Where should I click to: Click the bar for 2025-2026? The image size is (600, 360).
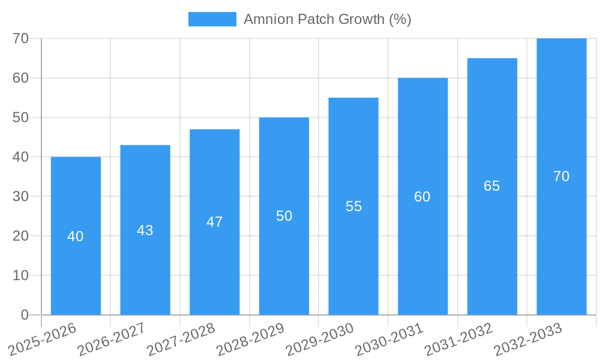click(x=76, y=264)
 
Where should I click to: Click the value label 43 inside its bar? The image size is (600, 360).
click(x=145, y=230)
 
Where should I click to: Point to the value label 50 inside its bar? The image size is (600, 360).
click(x=284, y=216)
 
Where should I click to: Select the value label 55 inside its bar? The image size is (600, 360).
click(x=353, y=206)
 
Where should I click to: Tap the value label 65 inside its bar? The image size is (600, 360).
click(x=492, y=186)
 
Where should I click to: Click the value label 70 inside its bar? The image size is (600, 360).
click(x=561, y=176)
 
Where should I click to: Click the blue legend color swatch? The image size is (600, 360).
click(x=212, y=19)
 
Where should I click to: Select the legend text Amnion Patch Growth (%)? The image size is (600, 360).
click(x=327, y=19)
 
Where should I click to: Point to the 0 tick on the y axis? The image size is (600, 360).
click(x=25, y=315)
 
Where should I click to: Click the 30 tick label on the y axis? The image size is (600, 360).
click(x=21, y=196)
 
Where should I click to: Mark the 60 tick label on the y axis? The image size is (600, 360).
click(x=21, y=78)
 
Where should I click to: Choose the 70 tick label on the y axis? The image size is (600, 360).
click(x=21, y=38)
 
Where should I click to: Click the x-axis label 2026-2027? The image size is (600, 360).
click(x=112, y=339)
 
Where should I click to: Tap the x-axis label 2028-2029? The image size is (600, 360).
click(x=250, y=339)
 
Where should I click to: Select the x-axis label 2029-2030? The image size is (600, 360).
click(x=320, y=339)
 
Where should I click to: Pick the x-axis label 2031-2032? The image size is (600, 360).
click(x=459, y=339)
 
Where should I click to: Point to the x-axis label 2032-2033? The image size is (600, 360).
click(x=528, y=339)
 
